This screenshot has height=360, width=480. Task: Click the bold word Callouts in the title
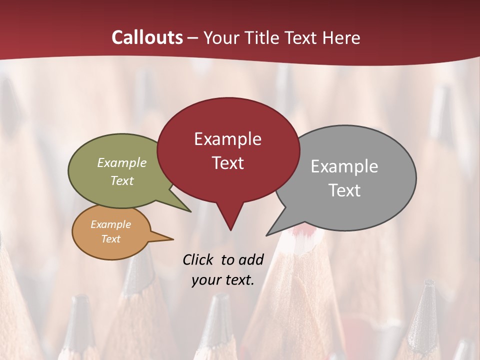click(x=147, y=37)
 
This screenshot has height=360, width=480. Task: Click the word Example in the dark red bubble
click(x=227, y=139)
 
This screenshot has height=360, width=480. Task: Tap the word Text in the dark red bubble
click(x=227, y=163)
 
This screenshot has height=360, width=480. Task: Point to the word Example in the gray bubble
click(x=344, y=166)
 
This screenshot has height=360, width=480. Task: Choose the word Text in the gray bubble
click(x=344, y=190)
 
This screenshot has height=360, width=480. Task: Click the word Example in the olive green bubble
click(x=122, y=163)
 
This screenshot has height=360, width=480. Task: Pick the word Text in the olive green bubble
click(x=122, y=180)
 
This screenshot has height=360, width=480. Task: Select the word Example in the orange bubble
click(x=110, y=224)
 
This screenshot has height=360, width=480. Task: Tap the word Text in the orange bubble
click(x=110, y=239)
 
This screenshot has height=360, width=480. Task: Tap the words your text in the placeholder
click(x=223, y=280)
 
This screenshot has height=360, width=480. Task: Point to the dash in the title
click(x=193, y=37)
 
